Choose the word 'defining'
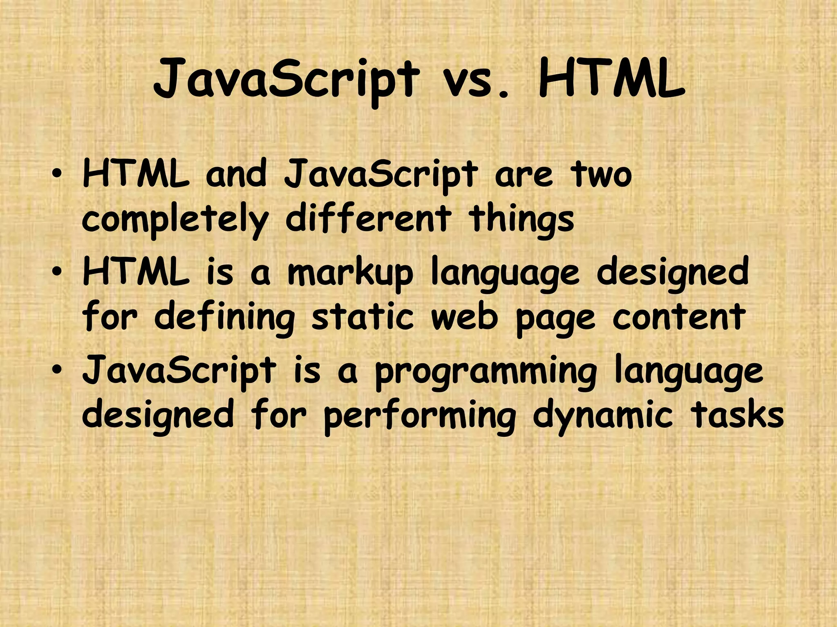224,318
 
